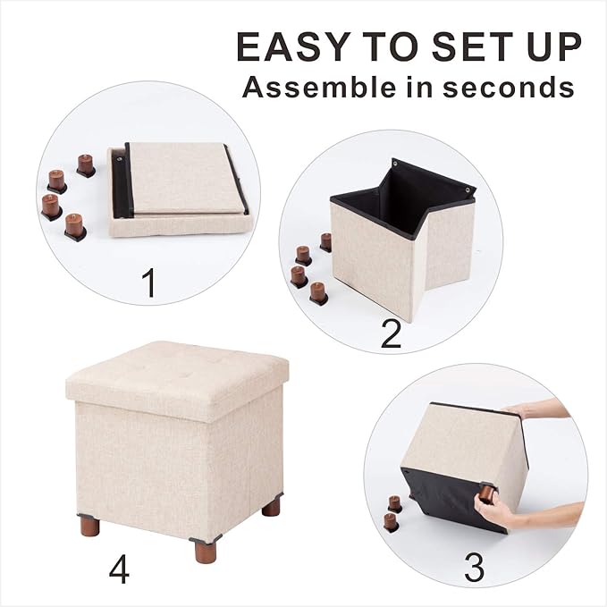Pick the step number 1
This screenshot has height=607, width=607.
point(149,284)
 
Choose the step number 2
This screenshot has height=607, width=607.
point(391,333)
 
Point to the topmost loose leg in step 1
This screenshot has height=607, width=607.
point(85,164)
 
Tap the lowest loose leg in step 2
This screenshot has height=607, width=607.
point(317,291)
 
